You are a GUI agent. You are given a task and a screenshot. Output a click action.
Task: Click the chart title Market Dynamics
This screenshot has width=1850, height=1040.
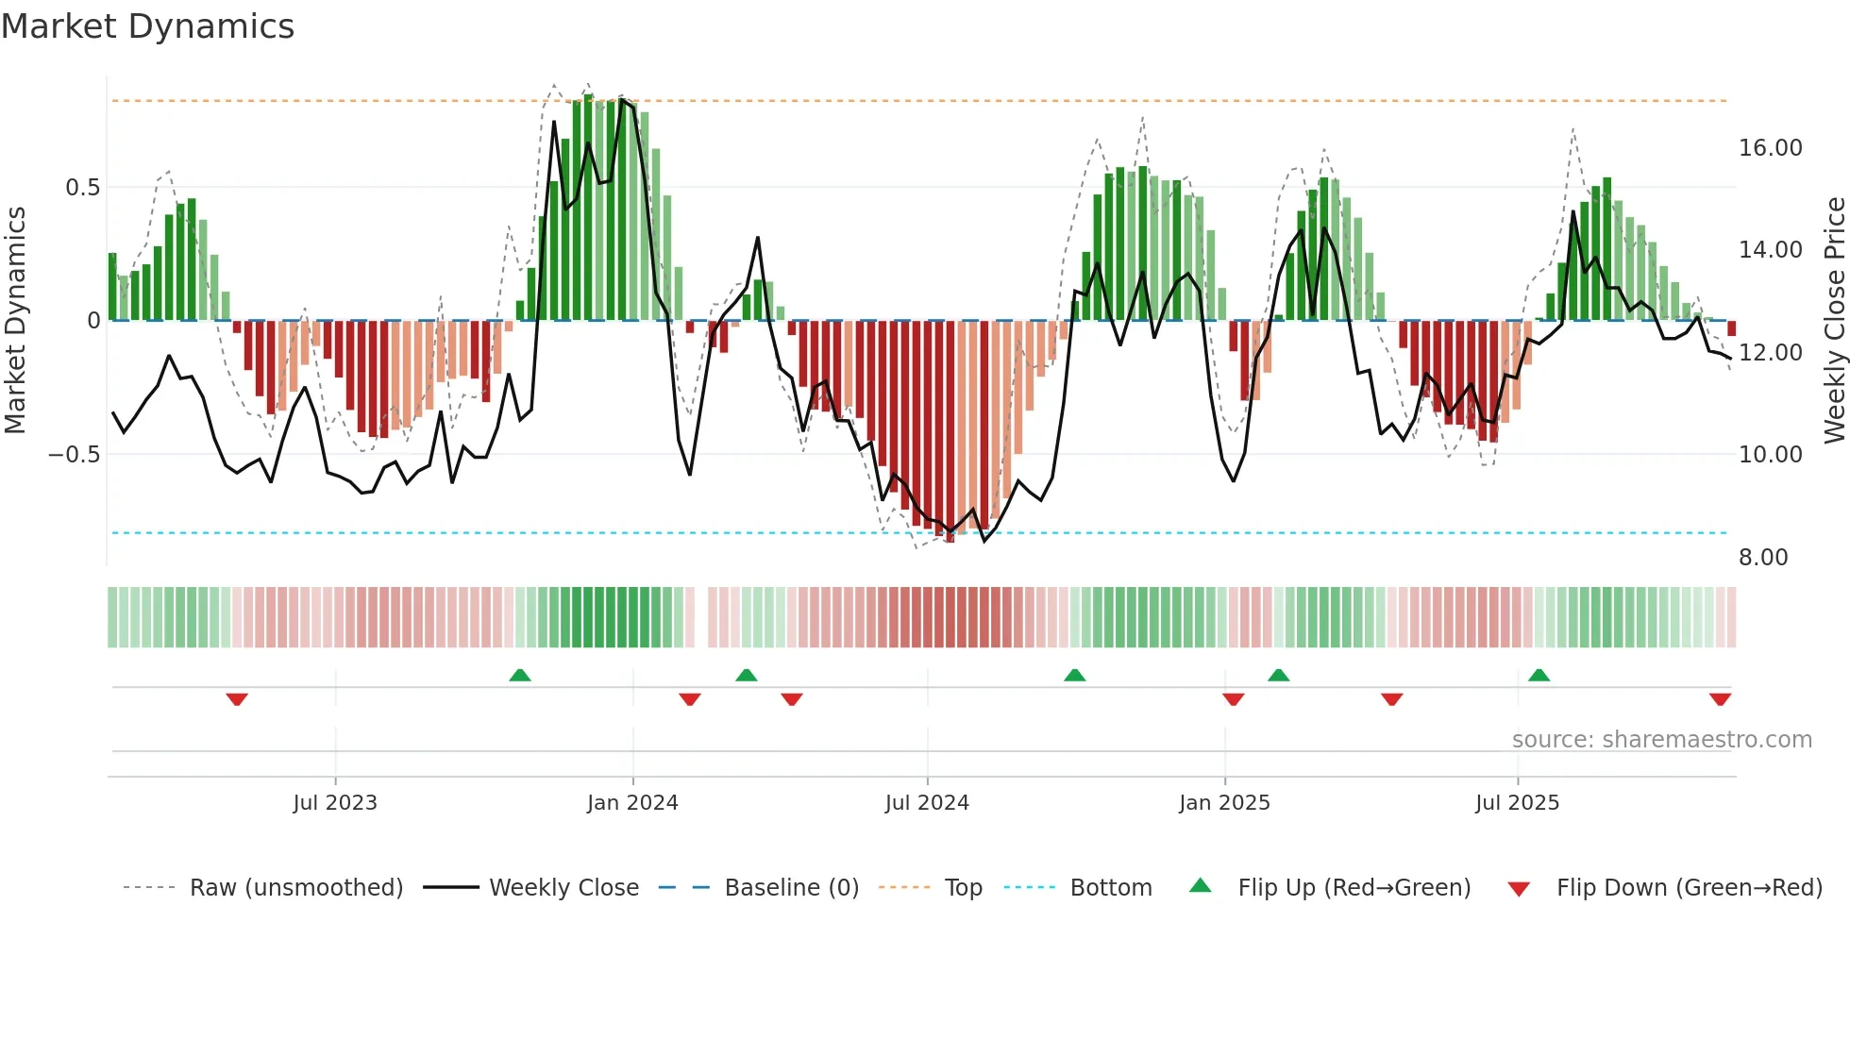click(147, 26)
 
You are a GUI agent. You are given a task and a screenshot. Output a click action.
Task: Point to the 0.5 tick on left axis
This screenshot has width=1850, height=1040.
click(82, 188)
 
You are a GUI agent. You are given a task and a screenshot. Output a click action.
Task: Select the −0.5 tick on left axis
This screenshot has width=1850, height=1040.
click(75, 455)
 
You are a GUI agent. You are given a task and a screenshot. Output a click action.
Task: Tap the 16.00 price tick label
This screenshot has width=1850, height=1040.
click(1770, 148)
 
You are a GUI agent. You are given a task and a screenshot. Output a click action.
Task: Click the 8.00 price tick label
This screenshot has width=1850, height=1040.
click(1763, 558)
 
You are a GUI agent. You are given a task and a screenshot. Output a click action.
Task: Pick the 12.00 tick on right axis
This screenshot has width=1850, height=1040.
click(1770, 353)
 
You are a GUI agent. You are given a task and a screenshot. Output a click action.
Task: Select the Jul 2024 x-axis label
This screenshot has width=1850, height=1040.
click(927, 803)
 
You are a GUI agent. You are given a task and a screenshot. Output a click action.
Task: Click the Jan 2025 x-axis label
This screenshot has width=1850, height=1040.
click(1224, 803)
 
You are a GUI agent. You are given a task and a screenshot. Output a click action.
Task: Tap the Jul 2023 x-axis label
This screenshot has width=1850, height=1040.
click(335, 803)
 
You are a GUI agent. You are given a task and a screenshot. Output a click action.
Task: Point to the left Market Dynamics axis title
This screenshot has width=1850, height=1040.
click(15, 321)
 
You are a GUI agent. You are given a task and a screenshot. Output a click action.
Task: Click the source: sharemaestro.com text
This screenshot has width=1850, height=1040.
click(1661, 740)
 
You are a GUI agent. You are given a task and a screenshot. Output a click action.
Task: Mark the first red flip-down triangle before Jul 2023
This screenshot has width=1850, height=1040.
click(237, 699)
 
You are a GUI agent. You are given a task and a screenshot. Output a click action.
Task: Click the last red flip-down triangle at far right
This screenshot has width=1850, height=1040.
click(1720, 699)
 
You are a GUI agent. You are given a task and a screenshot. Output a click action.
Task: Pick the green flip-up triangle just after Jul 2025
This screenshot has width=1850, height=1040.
click(1539, 675)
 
